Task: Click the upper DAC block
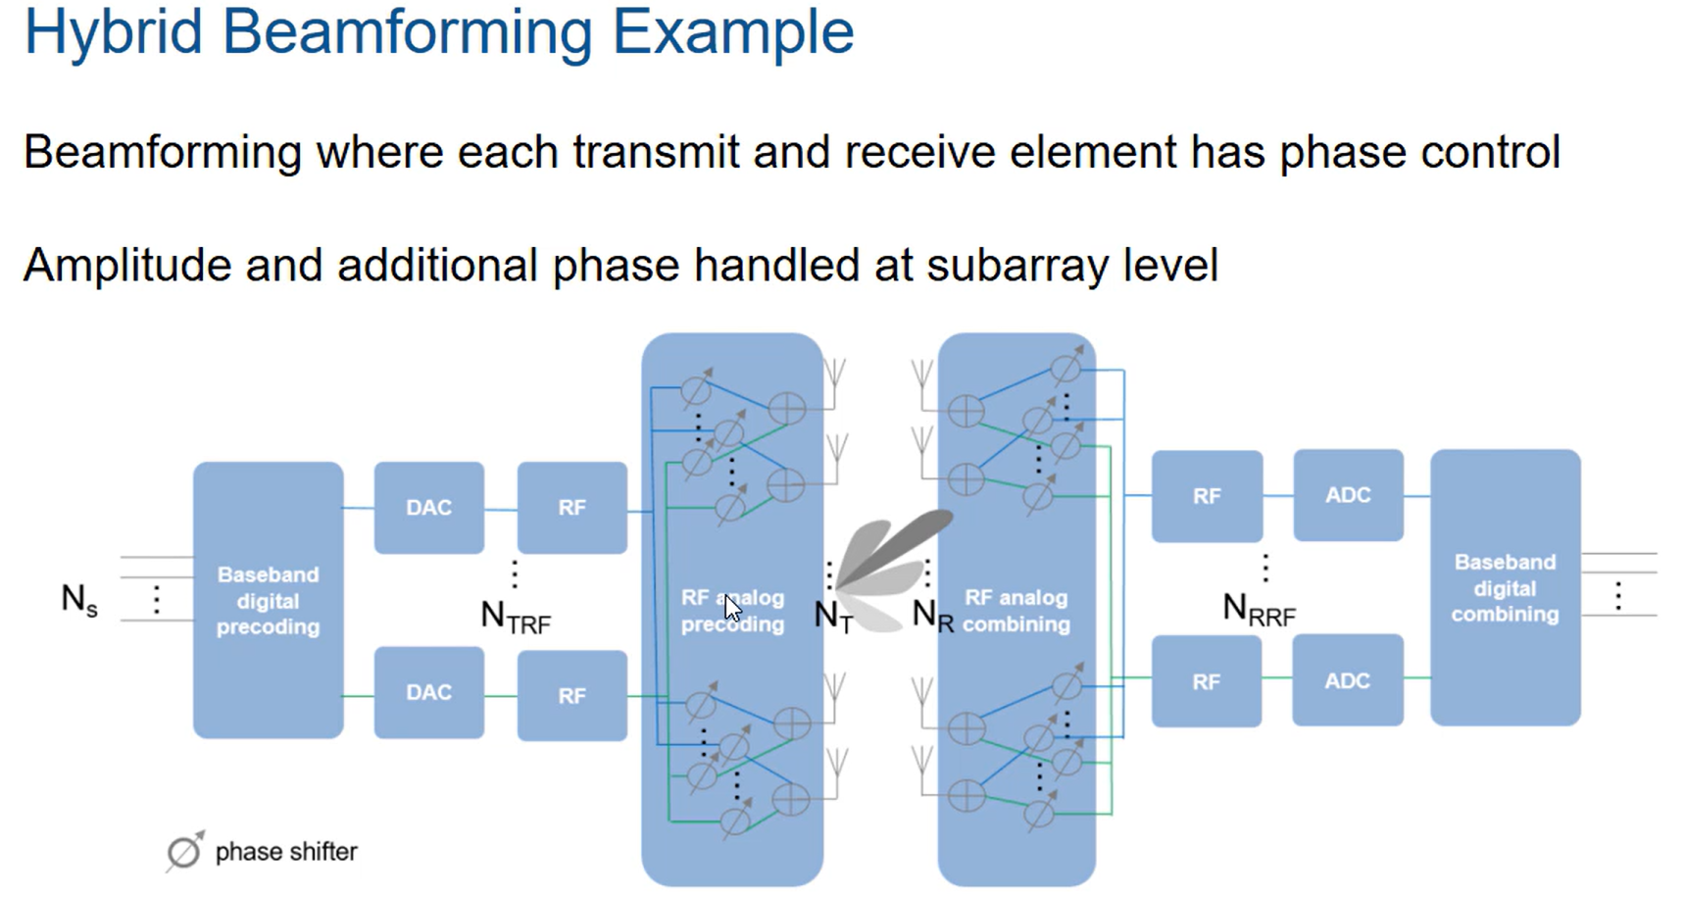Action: (428, 507)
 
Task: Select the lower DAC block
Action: (428, 692)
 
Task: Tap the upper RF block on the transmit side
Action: (571, 507)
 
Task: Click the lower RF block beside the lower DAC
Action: (571, 695)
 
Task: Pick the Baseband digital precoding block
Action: (268, 600)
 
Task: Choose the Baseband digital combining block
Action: (1505, 587)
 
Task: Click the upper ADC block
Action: (1348, 495)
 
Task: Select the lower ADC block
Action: (1347, 680)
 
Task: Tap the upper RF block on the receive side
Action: (1207, 496)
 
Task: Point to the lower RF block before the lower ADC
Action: (1206, 681)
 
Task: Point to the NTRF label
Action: (516, 617)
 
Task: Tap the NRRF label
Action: (1259, 610)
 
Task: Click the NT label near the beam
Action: (833, 617)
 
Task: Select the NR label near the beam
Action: (931, 616)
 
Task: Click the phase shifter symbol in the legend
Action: (183, 852)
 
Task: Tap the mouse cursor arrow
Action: (732, 608)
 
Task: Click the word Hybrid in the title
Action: (113, 31)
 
